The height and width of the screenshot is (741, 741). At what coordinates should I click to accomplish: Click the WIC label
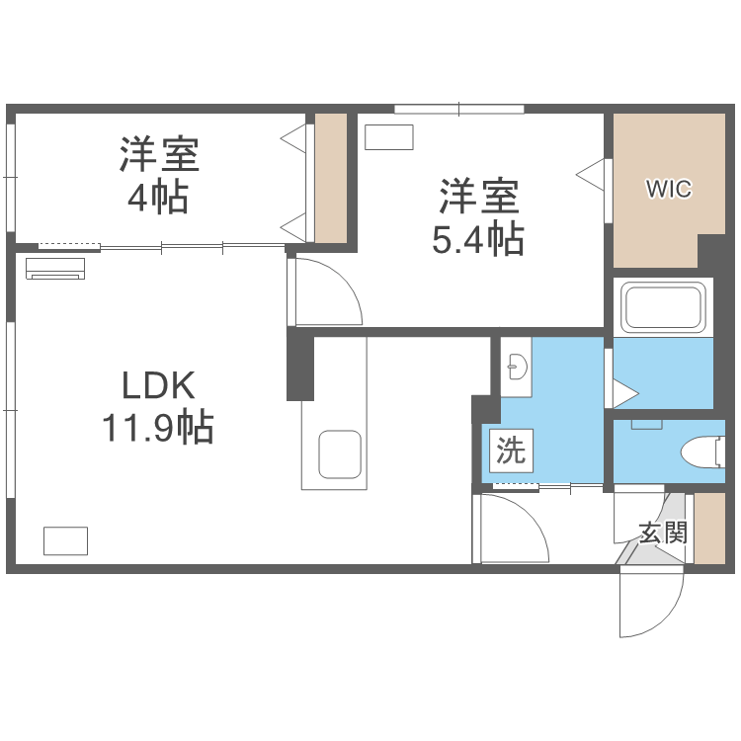tap(669, 188)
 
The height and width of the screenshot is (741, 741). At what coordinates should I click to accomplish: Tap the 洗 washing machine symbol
tap(510, 453)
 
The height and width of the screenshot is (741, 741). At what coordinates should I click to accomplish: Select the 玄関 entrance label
tap(662, 534)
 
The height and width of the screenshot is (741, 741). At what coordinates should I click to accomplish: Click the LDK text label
tap(160, 384)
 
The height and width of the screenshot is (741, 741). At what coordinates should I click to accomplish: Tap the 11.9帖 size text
tap(157, 428)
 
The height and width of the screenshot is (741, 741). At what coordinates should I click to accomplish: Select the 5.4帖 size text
tap(478, 239)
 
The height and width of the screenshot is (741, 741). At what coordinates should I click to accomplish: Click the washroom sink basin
tap(517, 369)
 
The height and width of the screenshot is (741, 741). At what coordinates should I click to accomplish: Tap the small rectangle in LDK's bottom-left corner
tap(65, 540)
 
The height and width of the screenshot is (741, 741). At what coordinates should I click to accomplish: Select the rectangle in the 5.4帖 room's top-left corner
tap(387, 137)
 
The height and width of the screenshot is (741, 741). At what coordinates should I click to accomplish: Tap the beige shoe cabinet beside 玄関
tap(710, 529)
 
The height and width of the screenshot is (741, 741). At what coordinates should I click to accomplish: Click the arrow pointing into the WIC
tap(590, 174)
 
